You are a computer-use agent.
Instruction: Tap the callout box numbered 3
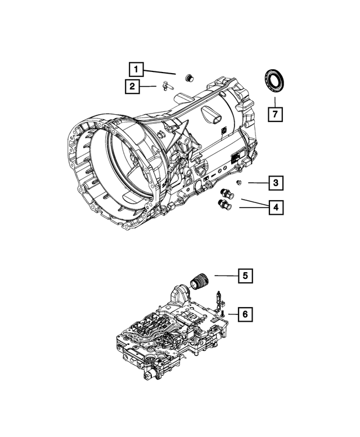click(x=275, y=183)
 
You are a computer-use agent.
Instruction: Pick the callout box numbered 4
click(x=275, y=208)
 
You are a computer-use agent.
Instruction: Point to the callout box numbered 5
click(x=245, y=276)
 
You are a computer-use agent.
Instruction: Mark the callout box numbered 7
click(x=275, y=114)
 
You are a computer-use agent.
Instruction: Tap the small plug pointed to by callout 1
click(x=190, y=77)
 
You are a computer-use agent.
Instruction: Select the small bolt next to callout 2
click(x=165, y=86)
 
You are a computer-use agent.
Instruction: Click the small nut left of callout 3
click(x=240, y=182)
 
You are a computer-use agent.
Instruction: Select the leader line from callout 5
click(x=224, y=276)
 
